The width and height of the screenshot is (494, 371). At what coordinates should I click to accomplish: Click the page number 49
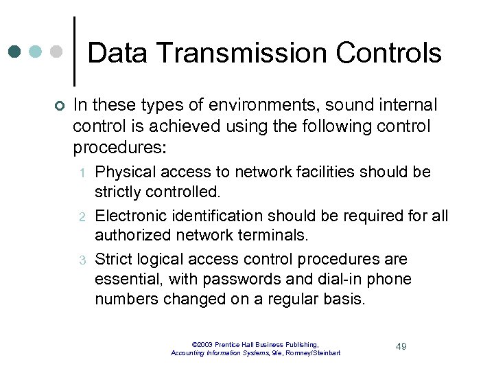click(x=401, y=346)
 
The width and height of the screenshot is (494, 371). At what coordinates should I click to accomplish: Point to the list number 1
click(x=80, y=172)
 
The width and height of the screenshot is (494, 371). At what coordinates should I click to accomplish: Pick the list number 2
click(x=80, y=217)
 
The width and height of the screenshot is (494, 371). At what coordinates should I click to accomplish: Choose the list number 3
click(x=80, y=260)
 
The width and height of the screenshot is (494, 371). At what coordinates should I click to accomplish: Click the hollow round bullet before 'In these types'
click(x=58, y=106)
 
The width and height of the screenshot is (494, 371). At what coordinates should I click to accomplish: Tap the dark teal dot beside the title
click(x=16, y=52)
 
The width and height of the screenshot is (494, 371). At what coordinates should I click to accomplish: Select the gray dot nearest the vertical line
click(x=58, y=52)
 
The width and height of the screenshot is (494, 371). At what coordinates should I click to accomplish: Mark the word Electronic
click(x=128, y=216)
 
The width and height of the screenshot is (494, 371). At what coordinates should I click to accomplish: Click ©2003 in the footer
click(x=202, y=344)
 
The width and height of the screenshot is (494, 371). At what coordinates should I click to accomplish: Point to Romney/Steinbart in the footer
click(x=312, y=352)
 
